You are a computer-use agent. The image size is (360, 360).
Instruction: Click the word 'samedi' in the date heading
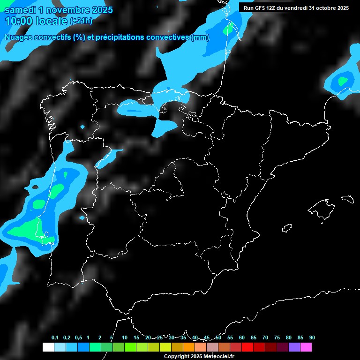[22, 10]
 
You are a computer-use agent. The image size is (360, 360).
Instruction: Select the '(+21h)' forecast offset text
[81, 22]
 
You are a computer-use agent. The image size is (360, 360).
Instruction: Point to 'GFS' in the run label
[263, 8]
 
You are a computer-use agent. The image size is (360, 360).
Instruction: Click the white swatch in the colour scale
[48, 347]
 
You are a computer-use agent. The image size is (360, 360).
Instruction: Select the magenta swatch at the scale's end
[306, 347]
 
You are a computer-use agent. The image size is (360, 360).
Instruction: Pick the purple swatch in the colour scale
[294, 347]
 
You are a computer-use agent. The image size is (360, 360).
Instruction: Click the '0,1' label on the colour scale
[55, 338]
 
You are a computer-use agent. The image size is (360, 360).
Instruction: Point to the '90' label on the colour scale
[312, 338]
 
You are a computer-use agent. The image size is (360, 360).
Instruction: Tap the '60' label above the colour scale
[242, 338]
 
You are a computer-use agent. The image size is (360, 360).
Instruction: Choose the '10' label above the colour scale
[125, 338]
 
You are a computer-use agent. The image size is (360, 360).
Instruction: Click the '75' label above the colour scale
[277, 338]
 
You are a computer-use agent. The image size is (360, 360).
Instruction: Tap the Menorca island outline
[347, 199]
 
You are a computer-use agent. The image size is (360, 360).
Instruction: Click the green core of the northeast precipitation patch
[343, 81]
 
